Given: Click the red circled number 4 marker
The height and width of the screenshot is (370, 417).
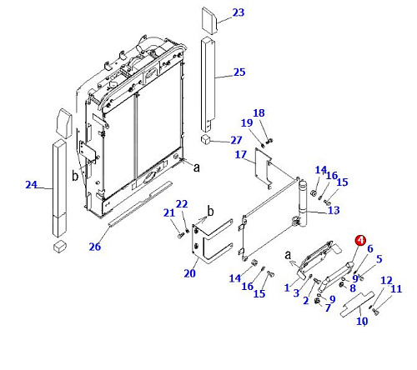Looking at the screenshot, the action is click(360, 241).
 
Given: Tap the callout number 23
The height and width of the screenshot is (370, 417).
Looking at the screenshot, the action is click(239, 12).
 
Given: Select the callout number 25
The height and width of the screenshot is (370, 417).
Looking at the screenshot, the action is click(239, 72).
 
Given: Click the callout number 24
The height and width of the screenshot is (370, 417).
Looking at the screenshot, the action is click(31, 185).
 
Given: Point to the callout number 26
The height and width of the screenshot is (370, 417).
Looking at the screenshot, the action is click(95, 247).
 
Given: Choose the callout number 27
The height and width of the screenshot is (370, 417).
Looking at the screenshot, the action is click(236, 140).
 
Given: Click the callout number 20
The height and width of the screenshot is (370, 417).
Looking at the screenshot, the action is click(190, 273).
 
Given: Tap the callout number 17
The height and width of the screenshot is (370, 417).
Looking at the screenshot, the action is click(241, 154).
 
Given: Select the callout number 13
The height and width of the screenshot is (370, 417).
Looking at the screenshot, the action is click(334, 210).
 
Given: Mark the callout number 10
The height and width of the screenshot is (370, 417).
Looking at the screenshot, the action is click(362, 321).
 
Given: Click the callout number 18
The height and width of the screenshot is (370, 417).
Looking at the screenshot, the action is click(259, 113).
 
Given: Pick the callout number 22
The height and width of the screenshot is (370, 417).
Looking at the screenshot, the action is click(182, 204).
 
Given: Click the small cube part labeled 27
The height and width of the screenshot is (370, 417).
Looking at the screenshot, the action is click(205, 139).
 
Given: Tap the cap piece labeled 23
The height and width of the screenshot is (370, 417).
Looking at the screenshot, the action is click(209, 21).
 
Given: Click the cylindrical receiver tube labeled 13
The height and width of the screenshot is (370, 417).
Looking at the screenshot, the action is click(303, 203).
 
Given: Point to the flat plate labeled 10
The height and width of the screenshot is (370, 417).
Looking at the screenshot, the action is click(358, 304).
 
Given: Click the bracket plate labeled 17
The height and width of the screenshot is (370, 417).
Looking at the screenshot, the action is click(263, 167).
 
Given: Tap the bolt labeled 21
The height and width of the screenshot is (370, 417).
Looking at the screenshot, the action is click(180, 236).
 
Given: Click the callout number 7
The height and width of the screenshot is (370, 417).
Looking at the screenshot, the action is click(328, 307).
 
